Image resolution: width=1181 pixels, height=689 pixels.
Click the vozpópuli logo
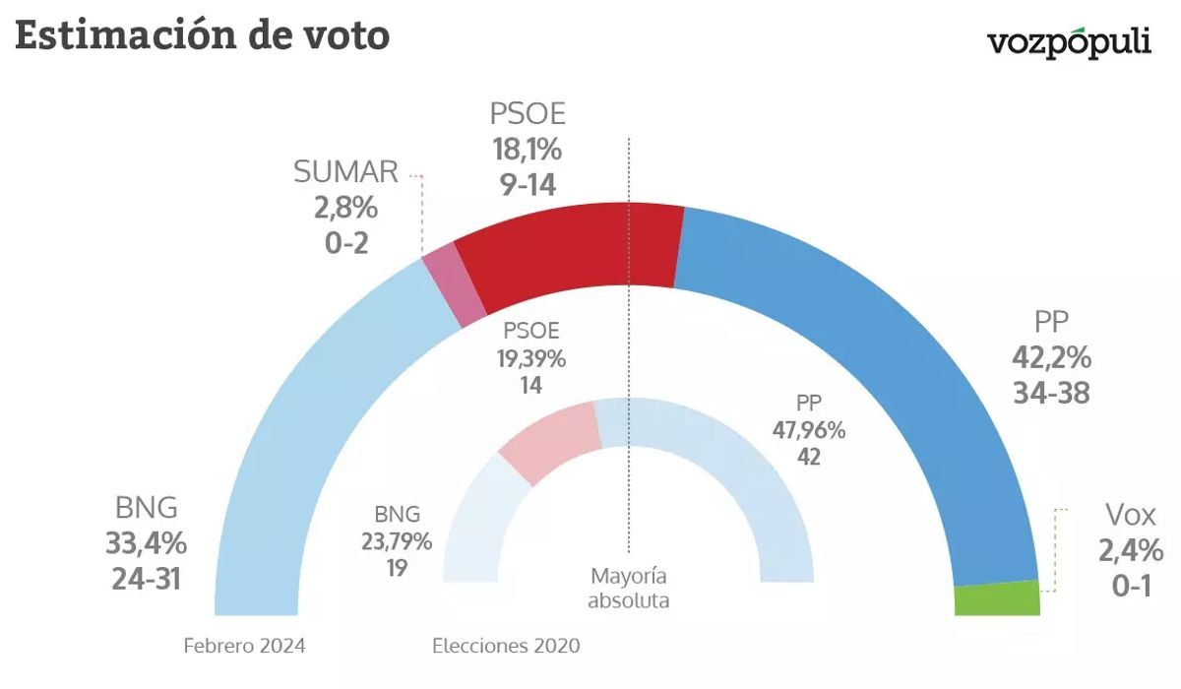1069,42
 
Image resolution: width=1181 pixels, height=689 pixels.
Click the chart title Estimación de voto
203,36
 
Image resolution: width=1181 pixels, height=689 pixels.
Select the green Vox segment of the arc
997,598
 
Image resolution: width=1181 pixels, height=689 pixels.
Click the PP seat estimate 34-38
1052,393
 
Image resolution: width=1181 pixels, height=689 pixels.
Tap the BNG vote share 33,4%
146,542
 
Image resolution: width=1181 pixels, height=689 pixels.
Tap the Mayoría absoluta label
628,588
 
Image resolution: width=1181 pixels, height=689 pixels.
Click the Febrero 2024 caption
244,647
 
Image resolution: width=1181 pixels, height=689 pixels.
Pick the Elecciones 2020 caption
506,647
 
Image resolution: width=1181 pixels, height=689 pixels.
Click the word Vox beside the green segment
1130,514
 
